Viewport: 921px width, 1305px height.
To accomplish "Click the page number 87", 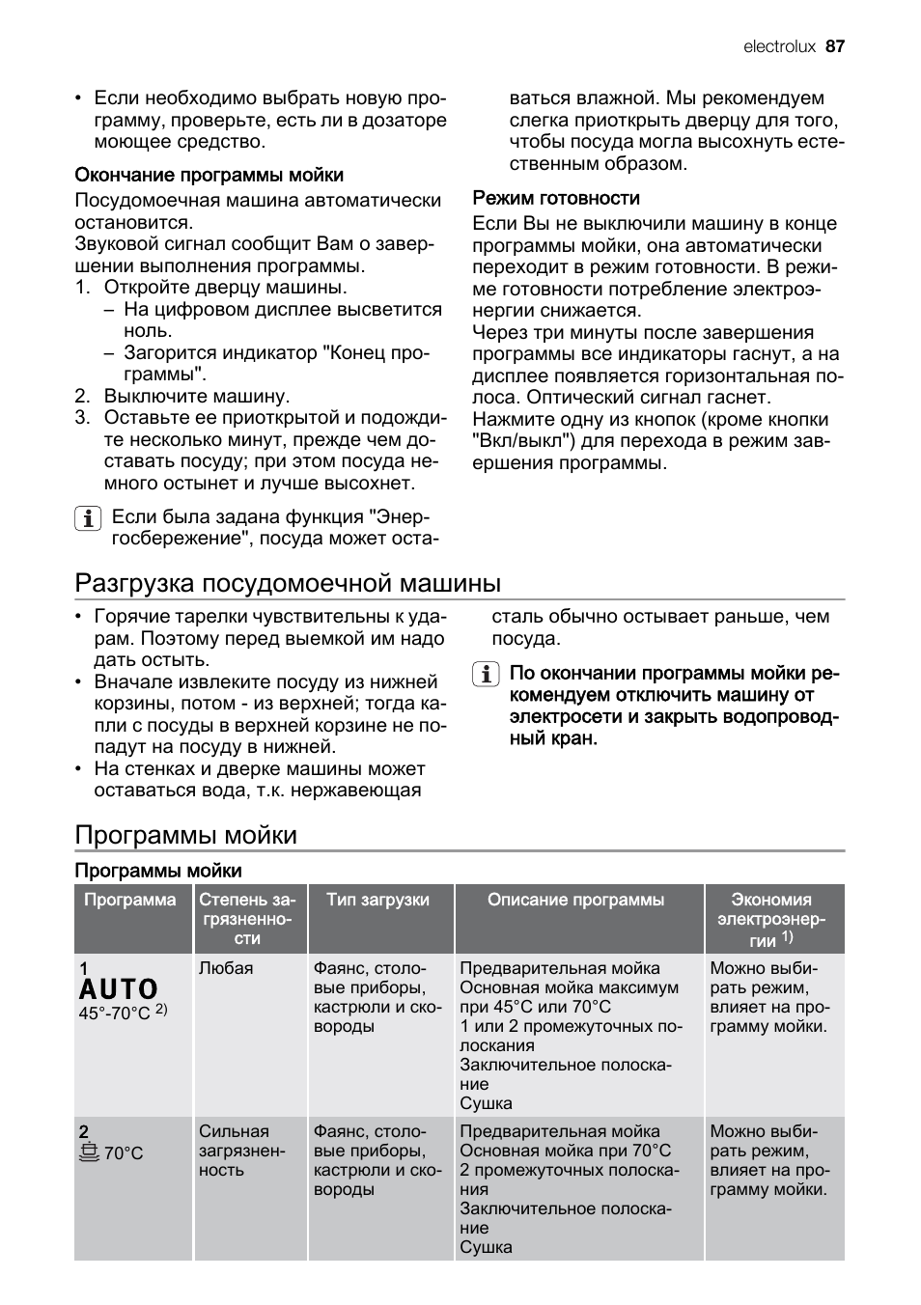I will pos(835,46).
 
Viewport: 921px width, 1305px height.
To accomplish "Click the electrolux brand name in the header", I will pos(779,46).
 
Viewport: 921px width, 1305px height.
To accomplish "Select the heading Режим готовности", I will pos(556,198).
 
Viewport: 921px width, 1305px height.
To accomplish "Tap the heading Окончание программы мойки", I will pos(209,175).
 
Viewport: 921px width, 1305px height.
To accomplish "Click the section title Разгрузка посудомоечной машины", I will pos(288,583).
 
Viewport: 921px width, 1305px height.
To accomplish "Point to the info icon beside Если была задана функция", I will pos(87,518).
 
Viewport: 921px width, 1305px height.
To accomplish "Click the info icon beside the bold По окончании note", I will pos(485,674).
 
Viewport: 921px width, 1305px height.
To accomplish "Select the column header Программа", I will pos(130,900).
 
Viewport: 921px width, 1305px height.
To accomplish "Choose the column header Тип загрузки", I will pos(377,900).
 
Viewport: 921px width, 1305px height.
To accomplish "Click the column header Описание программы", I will pos(575,900).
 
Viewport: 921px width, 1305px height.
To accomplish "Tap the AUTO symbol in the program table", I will pos(119,989).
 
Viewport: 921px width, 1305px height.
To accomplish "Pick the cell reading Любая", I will pos(226,968).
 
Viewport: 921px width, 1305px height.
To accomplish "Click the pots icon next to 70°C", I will pos(89,1152).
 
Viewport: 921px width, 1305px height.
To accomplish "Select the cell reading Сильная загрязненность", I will pos(241,1151).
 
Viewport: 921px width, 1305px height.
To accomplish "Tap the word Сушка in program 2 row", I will pos(486,1247).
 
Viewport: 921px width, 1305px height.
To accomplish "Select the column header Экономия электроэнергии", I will pos(771,919).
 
